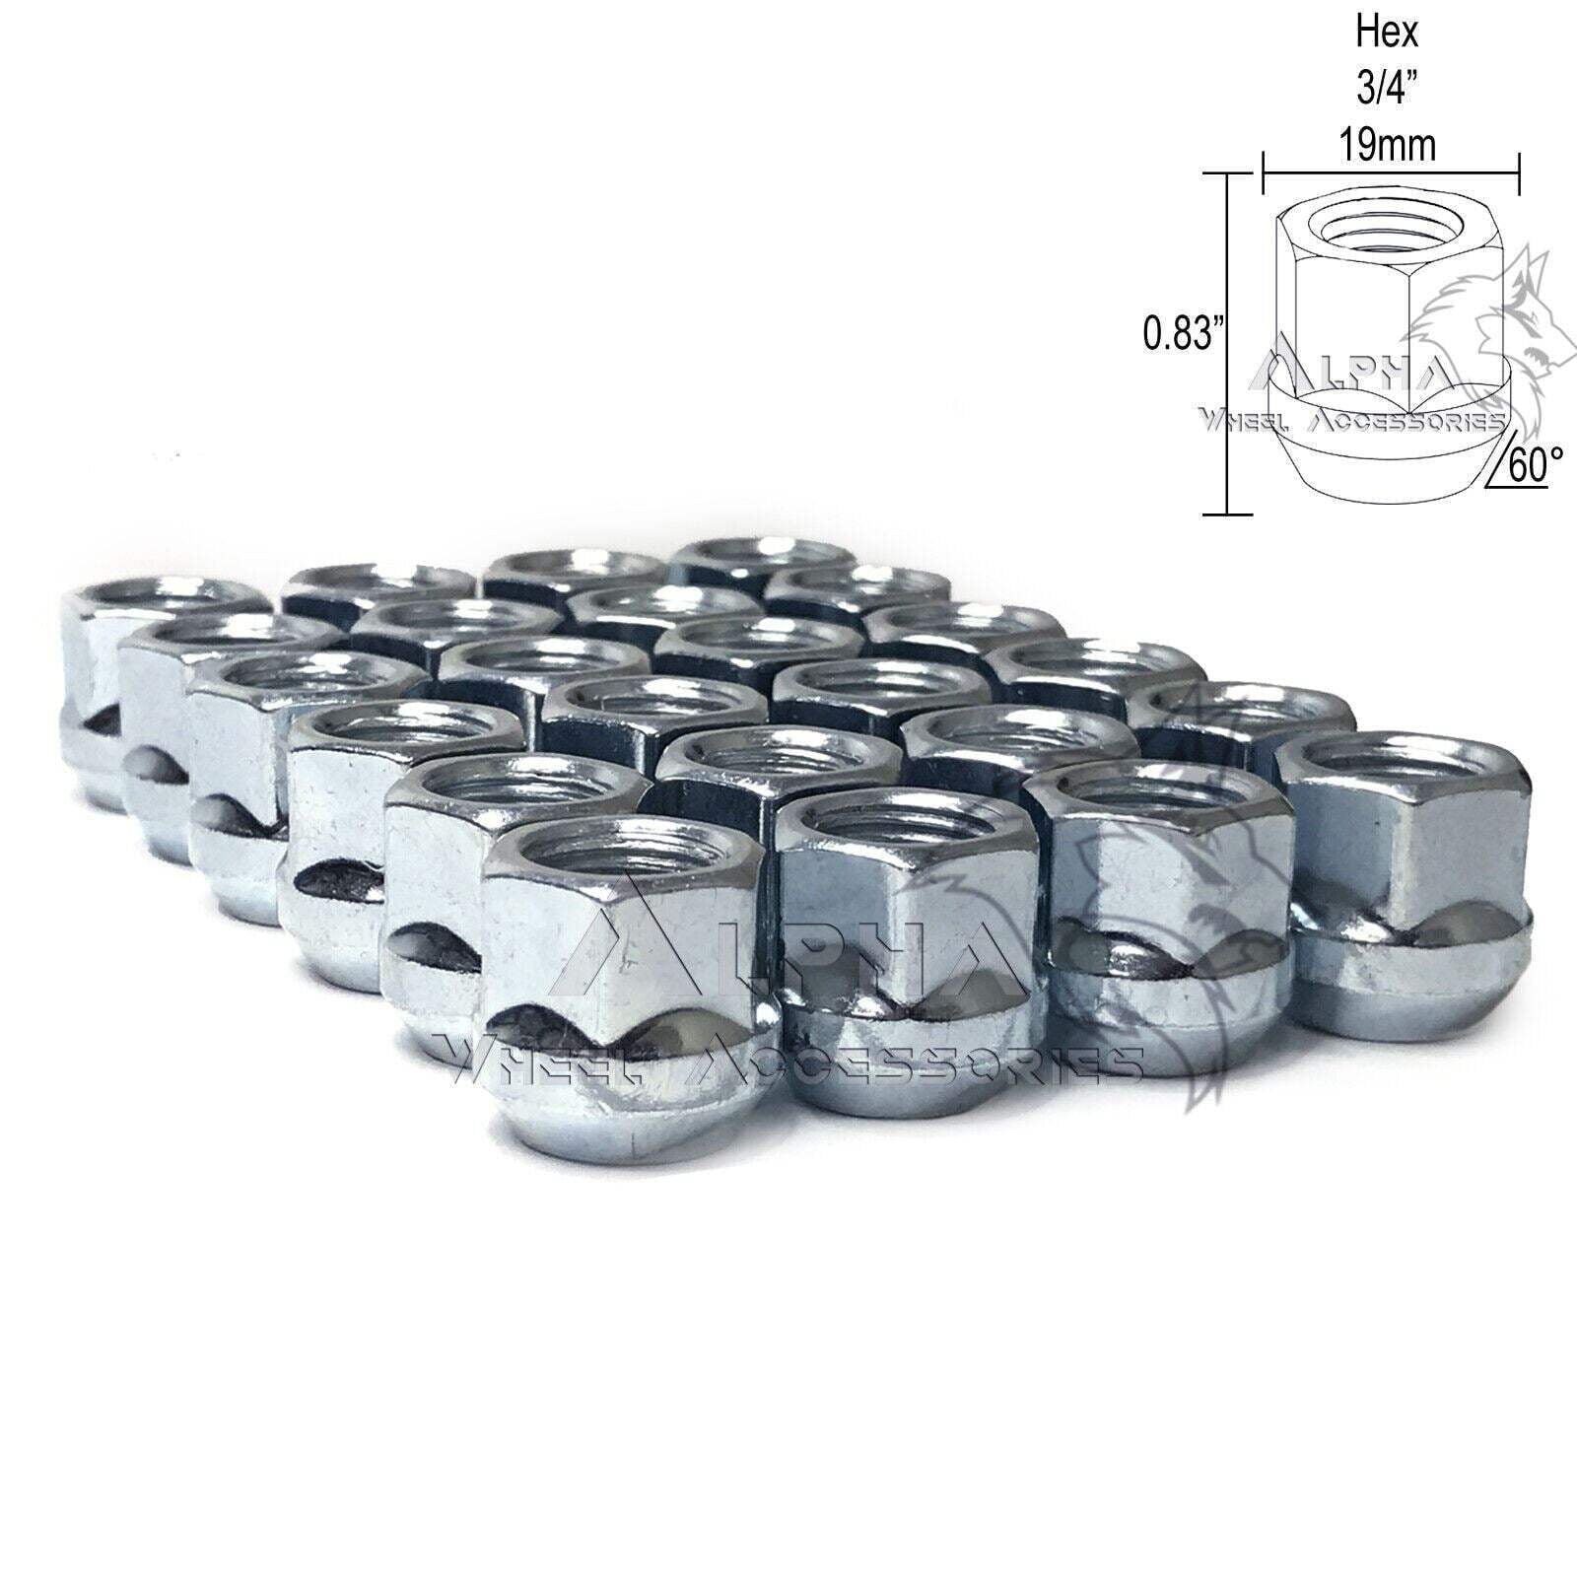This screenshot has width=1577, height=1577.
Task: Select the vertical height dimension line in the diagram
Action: [x=1227, y=345]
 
